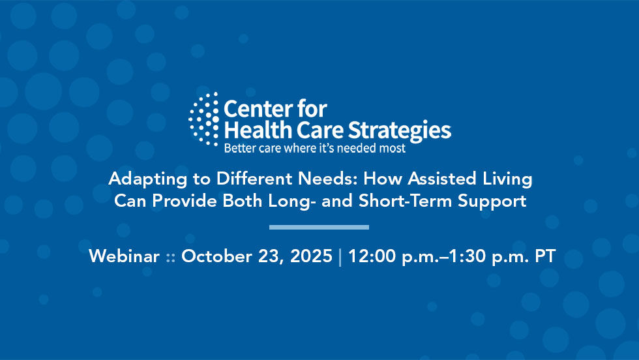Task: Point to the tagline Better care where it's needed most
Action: coord(314,148)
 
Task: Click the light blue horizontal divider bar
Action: coord(319,227)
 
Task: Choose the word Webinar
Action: coord(124,256)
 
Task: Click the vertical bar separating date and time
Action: coord(340,256)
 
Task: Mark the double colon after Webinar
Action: coord(170,258)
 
